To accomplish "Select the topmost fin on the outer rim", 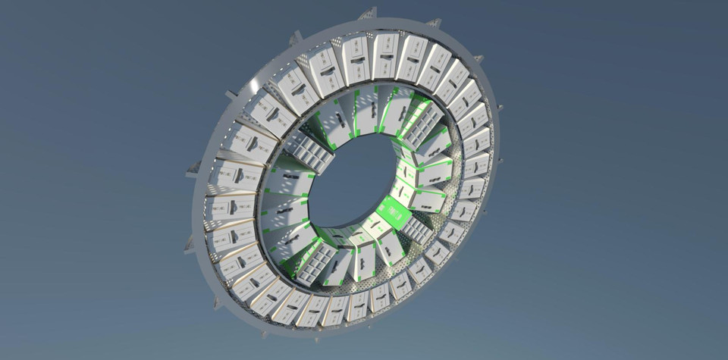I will pos(369,13).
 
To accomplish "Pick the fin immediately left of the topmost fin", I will pos(296,37).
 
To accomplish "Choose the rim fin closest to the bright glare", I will pos(232,95).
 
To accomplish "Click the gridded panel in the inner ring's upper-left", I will pos(309,152).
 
